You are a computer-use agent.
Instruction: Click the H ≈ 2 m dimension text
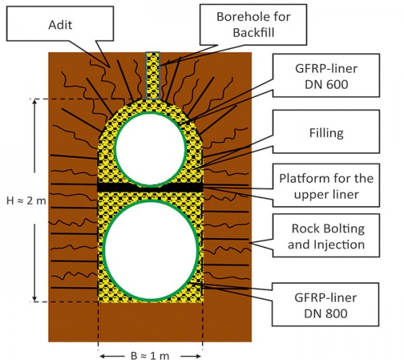[x=21, y=200]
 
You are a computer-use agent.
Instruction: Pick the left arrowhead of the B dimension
[x=102, y=353]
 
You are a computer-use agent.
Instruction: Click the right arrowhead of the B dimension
[x=201, y=353]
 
